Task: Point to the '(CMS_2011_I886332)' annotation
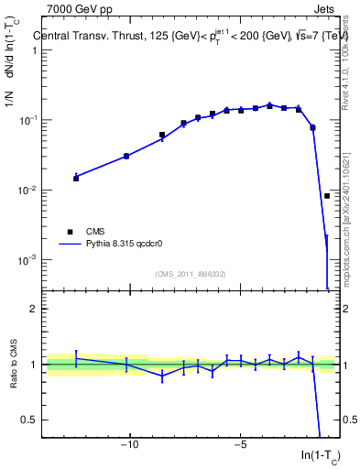191,274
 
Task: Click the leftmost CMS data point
76,178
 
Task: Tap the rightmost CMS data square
327,196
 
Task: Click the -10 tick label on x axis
129,446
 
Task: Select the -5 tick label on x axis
240,446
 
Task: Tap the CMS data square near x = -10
126,156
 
